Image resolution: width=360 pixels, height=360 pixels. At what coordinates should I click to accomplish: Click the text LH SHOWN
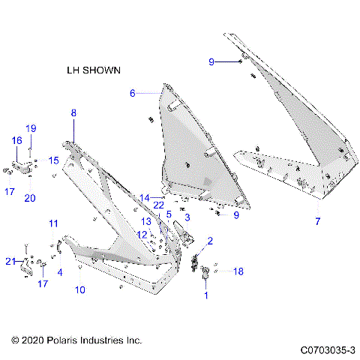[x=94, y=69]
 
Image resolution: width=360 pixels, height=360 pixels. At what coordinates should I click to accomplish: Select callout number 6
[x=133, y=93]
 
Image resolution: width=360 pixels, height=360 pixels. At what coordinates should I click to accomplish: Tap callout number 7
[x=317, y=221]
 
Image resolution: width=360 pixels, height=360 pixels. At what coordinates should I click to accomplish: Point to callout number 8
[x=73, y=112]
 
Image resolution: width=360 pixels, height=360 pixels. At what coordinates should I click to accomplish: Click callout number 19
[x=31, y=127]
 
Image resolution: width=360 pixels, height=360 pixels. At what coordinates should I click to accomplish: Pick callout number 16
[x=16, y=140]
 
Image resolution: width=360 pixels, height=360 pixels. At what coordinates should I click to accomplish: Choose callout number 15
[x=53, y=160]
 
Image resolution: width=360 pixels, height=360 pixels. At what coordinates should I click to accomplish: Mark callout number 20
[x=30, y=198]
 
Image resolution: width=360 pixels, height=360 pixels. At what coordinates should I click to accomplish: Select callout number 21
[x=10, y=260]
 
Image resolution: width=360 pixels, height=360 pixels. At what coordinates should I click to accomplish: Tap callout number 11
[x=53, y=223]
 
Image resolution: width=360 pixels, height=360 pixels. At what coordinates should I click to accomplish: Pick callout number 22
[x=158, y=205]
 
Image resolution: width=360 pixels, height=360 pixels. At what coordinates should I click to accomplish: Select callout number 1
[x=206, y=295]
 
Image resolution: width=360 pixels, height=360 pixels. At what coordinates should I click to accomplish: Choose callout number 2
[x=210, y=241]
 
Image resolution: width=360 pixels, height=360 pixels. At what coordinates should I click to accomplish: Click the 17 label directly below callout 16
[x=9, y=191]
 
